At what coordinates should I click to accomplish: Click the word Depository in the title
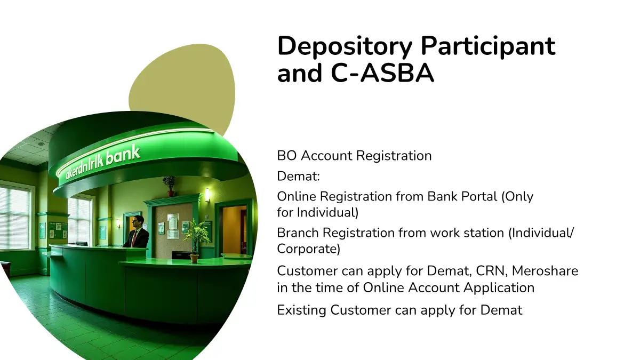345,46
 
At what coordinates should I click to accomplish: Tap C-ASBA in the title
382,73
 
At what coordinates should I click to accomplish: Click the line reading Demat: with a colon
298,176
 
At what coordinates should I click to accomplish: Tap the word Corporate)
309,249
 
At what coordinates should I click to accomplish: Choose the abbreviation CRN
492,271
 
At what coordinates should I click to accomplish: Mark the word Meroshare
545,271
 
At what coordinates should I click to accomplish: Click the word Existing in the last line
302,310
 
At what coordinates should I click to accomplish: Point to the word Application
499,287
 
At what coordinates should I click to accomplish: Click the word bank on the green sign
123,157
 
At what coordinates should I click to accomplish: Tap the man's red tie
134,239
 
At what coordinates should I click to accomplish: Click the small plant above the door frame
170,186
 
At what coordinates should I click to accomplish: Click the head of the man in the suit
138,221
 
